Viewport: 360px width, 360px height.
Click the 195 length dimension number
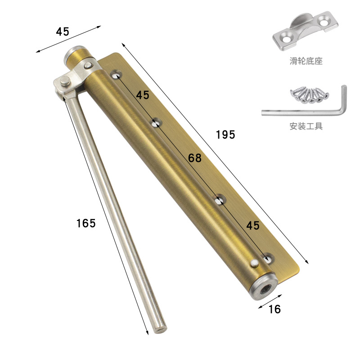point(225,135)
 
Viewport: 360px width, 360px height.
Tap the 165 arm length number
point(86,223)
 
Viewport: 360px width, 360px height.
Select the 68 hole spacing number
point(195,158)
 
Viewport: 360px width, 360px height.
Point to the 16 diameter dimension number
point(274,309)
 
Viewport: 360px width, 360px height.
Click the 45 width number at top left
point(63,31)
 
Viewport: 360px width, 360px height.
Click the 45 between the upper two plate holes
point(143,95)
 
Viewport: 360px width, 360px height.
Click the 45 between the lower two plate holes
point(253,225)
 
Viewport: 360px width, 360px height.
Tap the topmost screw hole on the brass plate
point(117,75)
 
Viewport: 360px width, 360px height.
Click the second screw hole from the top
point(156,123)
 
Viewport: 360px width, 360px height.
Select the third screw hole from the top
point(220,200)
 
